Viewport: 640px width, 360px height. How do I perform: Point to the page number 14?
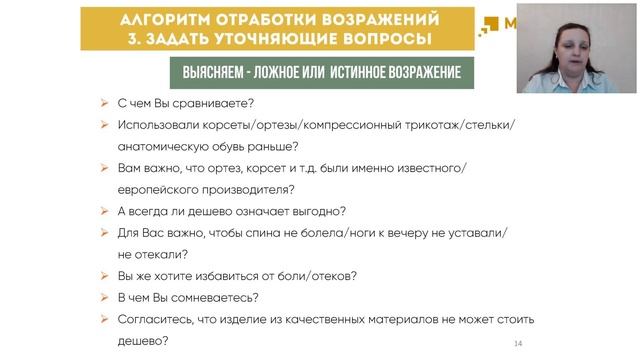point(518,344)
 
